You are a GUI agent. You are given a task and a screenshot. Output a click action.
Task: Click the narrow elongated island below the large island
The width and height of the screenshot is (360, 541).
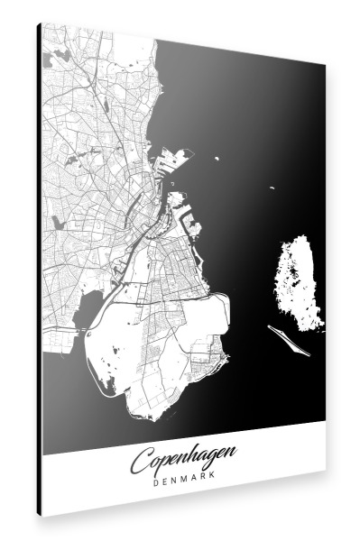(290, 338)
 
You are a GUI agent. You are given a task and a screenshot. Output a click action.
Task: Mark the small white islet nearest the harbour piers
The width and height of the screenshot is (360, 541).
(217, 159)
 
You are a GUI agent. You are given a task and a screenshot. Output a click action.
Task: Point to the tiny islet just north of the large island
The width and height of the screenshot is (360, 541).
(271, 189)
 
